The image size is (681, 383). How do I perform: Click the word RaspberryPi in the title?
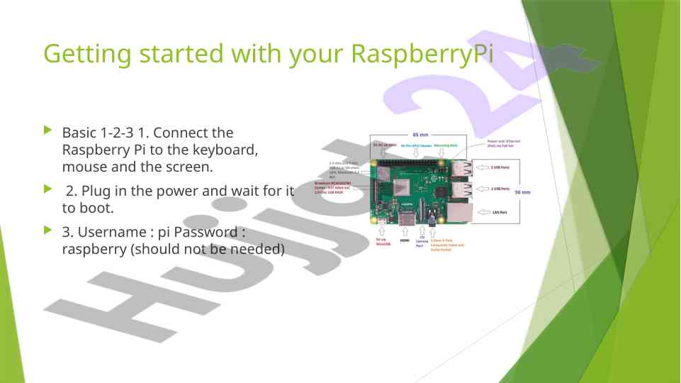click(422, 54)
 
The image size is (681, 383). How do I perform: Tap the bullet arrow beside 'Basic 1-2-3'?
click(48, 131)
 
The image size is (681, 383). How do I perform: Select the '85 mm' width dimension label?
click(420, 135)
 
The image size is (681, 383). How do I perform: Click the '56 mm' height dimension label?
click(522, 192)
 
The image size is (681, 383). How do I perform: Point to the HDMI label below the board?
click(405, 240)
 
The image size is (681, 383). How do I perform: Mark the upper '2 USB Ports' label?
click(501, 167)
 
